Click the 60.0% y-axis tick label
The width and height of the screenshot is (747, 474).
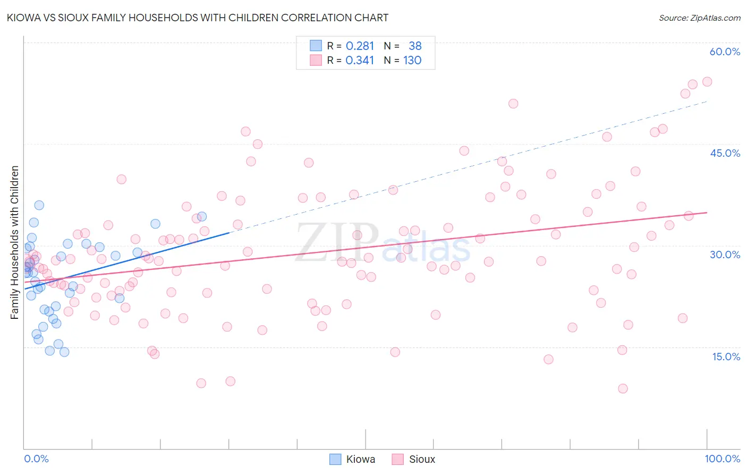(x=725, y=52)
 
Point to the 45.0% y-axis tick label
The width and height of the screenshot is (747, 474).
(x=725, y=153)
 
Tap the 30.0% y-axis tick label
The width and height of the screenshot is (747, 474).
(x=725, y=255)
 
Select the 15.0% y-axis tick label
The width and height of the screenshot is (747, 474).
(x=726, y=357)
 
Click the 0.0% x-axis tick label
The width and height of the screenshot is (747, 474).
(x=36, y=459)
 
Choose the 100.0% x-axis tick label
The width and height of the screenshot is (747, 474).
(x=722, y=459)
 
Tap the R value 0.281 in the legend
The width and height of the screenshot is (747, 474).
(x=360, y=46)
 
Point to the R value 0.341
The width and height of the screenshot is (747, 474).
(x=360, y=61)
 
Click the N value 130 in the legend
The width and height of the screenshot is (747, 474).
(x=412, y=61)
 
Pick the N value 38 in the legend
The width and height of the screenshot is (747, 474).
(x=415, y=46)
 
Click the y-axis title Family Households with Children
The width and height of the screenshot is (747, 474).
(x=15, y=242)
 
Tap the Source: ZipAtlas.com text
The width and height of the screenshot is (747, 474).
(x=699, y=18)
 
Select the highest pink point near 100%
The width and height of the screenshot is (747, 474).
(x=707, y=82)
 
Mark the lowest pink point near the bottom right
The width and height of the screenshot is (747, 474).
(x=623, y=388)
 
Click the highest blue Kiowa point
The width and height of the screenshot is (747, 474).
(x=39, y=205)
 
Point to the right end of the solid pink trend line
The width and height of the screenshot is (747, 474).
(x=707, y=213)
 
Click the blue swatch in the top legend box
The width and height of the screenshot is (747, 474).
(x=316, y=46)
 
